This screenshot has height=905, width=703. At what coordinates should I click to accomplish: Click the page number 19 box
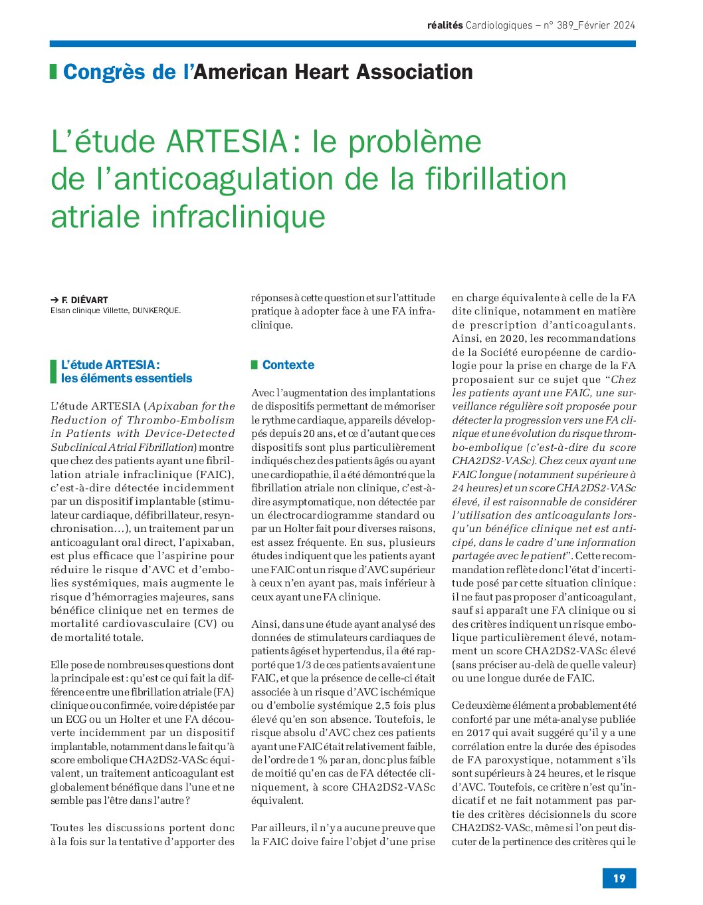(x=619, y=878)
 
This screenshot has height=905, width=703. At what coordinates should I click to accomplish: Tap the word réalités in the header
(x=445, y=25)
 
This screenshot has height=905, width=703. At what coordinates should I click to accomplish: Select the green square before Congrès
(x=53, y=72)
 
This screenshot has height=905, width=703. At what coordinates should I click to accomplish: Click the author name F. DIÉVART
(x=84, y=300)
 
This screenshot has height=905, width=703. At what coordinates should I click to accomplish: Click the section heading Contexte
(x=288, y=365)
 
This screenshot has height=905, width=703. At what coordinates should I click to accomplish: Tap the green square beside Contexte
(x=254, y=365)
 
